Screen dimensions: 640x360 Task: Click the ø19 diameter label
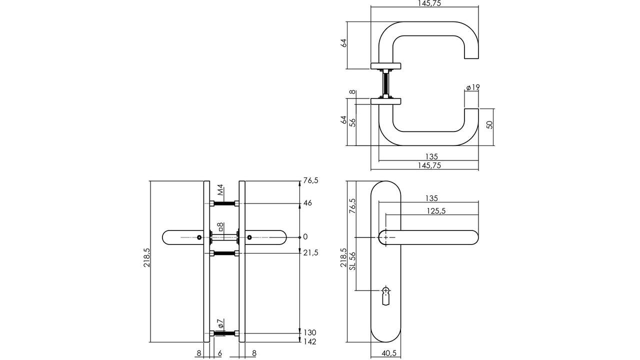tap(473, 87)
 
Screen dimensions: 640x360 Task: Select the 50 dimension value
tap(489, 125)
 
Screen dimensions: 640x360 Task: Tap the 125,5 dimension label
tap(436, 211)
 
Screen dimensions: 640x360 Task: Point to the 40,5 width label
tap(389, 353)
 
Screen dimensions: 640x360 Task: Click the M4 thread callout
tap(220, 190)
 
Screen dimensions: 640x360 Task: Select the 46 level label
tap(307, 203)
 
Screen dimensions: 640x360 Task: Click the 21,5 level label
tap(310, 252)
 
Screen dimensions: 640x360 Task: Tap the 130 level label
tap(310, 332)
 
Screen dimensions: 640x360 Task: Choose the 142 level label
tap(310, 341)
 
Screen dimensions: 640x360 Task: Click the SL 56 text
tap(352, 261)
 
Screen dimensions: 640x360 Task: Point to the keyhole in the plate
tap(386, 296)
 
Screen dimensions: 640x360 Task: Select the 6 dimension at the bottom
tap(219, 353)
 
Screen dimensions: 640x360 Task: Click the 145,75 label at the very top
tap(429, 3)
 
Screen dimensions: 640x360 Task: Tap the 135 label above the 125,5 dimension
tap(431, 198)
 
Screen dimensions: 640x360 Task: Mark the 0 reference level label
tap(305, 236)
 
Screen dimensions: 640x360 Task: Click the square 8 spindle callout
tap(220, 227)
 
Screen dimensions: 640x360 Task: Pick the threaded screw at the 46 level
tap(224, 203)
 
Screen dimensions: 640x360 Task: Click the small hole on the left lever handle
tap(199, 237)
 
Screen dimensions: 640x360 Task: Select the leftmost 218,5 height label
tap(147, 257)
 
